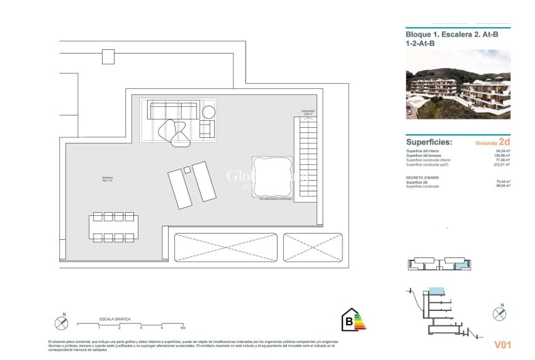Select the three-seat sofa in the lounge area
[173, 111]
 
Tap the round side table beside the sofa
[208, 113]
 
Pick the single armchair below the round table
[207, 129]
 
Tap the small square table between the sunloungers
[187, 169]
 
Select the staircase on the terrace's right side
[307, 159]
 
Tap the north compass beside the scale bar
[62, 322]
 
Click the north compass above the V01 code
[500, 311]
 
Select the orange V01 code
[502, 344]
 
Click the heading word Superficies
[429, 142]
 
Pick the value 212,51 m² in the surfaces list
[502, 165]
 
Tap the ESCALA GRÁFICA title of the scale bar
[115, 319]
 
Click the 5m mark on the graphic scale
[183, 328]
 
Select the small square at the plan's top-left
[108, 57]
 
